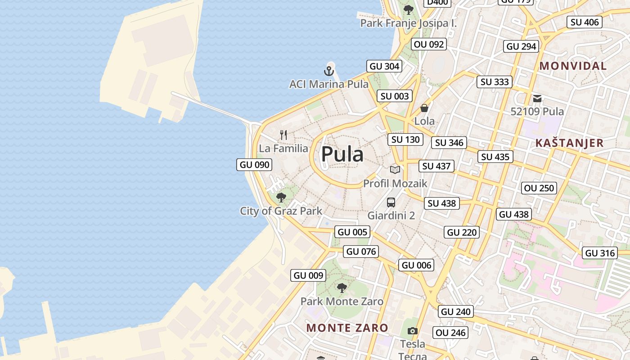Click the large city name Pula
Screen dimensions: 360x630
342,154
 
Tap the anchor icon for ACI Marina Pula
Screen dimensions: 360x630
329,71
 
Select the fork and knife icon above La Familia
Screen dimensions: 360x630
283,135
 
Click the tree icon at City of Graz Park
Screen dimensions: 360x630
281,197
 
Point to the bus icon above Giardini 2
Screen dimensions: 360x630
391,202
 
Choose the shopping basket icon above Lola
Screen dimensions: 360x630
424,108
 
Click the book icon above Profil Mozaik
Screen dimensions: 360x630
395,170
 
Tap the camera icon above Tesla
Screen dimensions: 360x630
413,331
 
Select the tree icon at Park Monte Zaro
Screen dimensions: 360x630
342,288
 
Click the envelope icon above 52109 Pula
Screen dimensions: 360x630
537,98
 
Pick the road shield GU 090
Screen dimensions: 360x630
255,165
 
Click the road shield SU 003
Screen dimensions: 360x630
395,96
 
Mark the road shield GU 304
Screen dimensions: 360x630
384,67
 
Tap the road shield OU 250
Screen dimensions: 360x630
540,188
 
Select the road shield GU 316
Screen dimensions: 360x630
600,253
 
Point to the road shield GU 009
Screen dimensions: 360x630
308,275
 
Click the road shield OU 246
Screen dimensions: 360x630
451,333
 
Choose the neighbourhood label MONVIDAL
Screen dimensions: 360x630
573,66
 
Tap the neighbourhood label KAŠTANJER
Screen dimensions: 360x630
569,143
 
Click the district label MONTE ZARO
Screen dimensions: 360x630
347,328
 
